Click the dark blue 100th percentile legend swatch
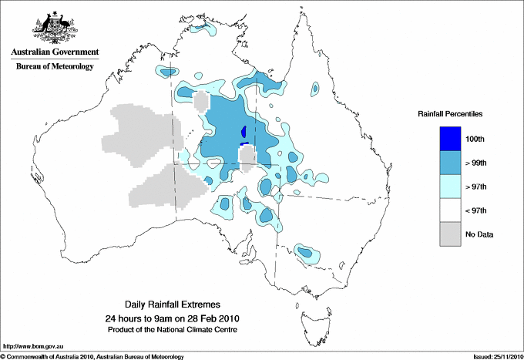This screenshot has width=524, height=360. pyautogui.click(x=450, y=139)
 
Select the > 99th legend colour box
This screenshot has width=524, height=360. pyautogui.click(x=450, y=163)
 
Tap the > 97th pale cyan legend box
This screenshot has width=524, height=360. pyautogui.click(x=450, y=187)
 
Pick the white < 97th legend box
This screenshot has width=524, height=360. pyautogui.click(x=450, y=210)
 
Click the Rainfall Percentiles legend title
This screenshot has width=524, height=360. pyautogui.click(x=450, y=114)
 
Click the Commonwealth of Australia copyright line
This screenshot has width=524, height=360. pyautogui.click(x=92, y=356)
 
